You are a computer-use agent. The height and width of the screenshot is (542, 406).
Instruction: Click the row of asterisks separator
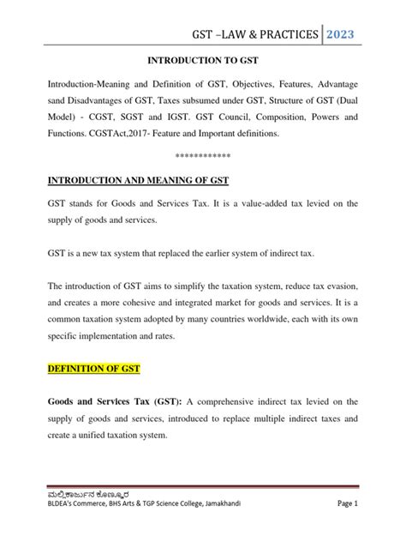point(202,155)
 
